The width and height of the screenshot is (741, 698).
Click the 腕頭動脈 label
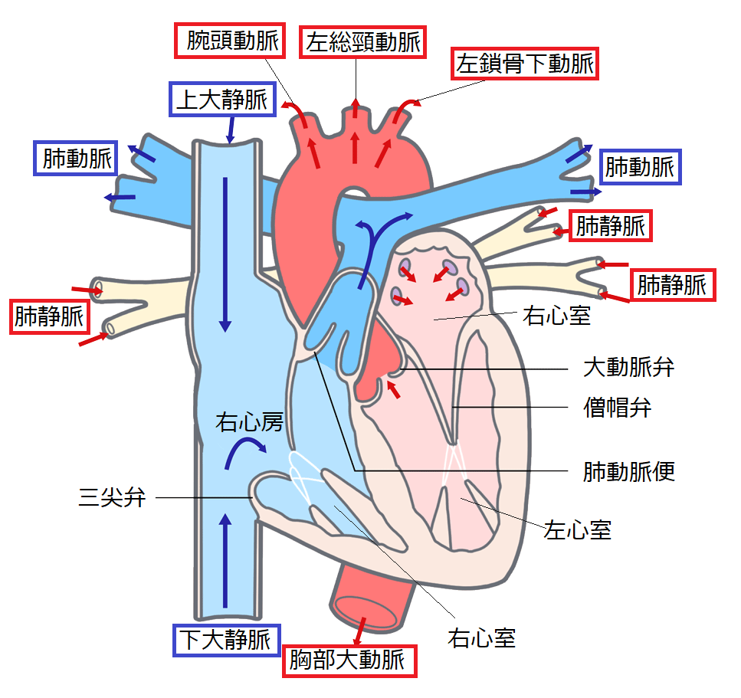227,41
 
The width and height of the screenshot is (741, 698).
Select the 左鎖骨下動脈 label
525,64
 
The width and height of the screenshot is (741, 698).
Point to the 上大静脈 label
221,100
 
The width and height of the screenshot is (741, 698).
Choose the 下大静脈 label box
225,639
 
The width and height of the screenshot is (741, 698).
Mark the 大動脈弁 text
628,367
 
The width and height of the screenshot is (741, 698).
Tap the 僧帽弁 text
617,407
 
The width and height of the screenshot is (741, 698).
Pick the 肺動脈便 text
628,471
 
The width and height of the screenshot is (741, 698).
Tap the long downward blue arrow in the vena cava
225,253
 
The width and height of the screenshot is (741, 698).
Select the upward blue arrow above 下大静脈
225,559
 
